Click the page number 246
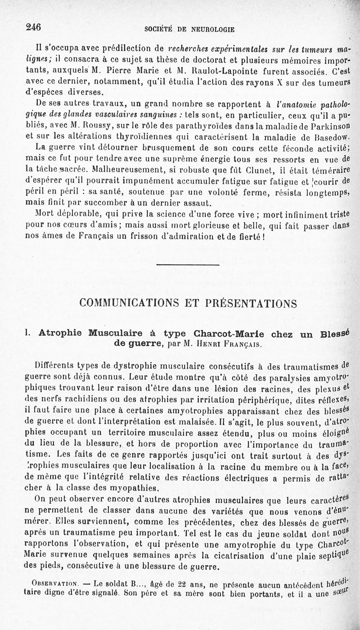pos(34,27)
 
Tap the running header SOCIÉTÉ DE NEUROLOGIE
pos(189,30)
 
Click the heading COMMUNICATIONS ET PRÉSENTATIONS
pos(188,303)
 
